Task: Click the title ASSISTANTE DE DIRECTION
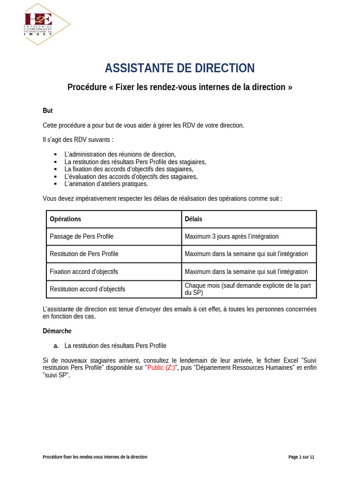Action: click(x=180, y=68)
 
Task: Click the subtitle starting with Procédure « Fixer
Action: click(x=180, y=87)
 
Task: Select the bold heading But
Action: click(x=48, y=111)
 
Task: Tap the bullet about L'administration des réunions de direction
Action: click(x=120, y=154)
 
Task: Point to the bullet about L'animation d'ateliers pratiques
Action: click(x=106, y=184)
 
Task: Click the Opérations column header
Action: click(x=65, y=219)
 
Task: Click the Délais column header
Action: click(x=194, y=219)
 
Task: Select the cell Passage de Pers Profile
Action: click(x=82, y=236)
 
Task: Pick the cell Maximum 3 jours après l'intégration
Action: click(x=232, y=236)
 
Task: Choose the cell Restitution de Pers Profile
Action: click(x=84, y=254)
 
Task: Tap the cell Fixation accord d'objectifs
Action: click(x=84, y=271)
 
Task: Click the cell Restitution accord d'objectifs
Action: click(x=87, y=289)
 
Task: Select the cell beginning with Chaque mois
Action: click(x=248, y=289)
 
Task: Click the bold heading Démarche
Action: click(x=57, y=331)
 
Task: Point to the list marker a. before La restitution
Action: click(x=56, y=346)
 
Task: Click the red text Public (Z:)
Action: click(x=161, y=368)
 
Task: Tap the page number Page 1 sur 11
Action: click(x=301, y=457)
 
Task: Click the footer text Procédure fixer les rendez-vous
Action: click(x=95, y=457)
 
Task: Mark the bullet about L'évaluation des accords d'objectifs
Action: click(x=131, y=176)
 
